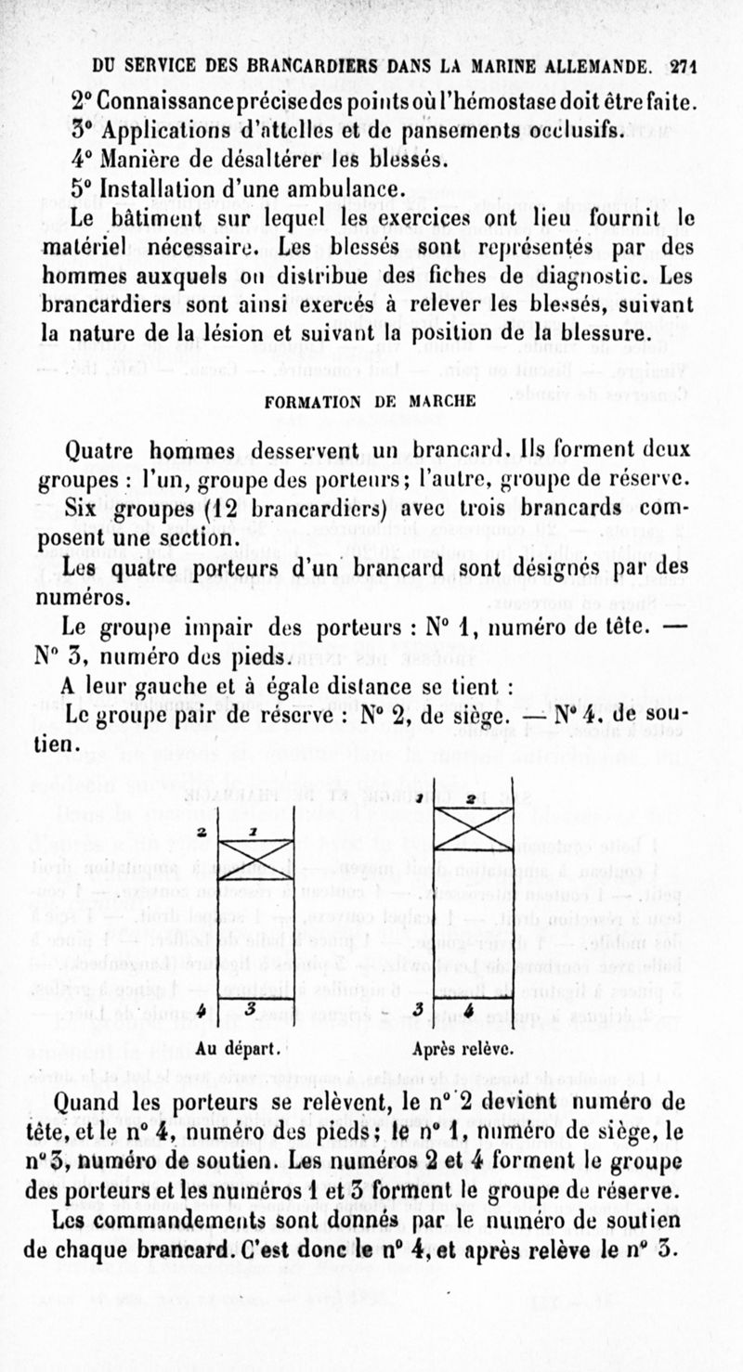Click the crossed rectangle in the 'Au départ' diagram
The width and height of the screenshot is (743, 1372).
(x=256, y=859)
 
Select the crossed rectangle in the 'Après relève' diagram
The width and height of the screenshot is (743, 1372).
(x=474, y=828)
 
